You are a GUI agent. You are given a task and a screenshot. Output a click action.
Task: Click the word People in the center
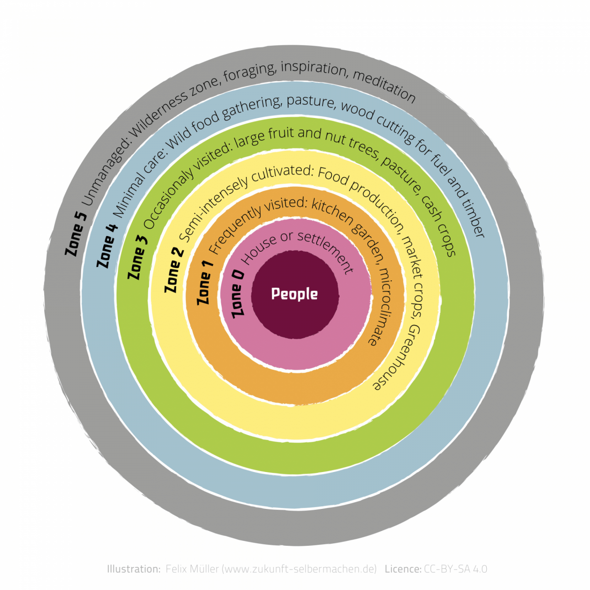pyautogui.click(x=295, y=294)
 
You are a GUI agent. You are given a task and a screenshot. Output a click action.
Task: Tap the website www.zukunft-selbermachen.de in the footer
pyautogui.click(x=299, y=569)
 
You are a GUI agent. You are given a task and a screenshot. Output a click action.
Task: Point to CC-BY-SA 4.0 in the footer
pyautogui.click(x=455, y=569)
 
